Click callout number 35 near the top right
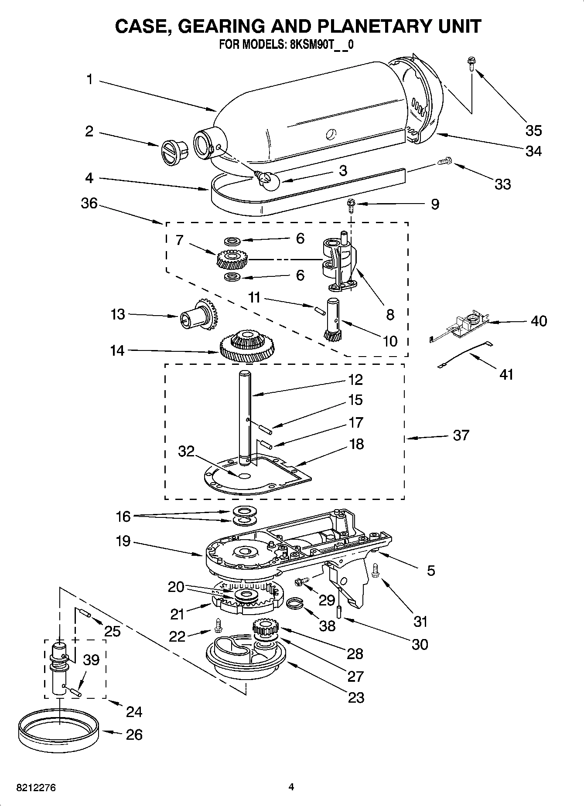533,130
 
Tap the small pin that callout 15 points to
265,428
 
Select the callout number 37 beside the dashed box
461,435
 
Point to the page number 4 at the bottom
291,787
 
